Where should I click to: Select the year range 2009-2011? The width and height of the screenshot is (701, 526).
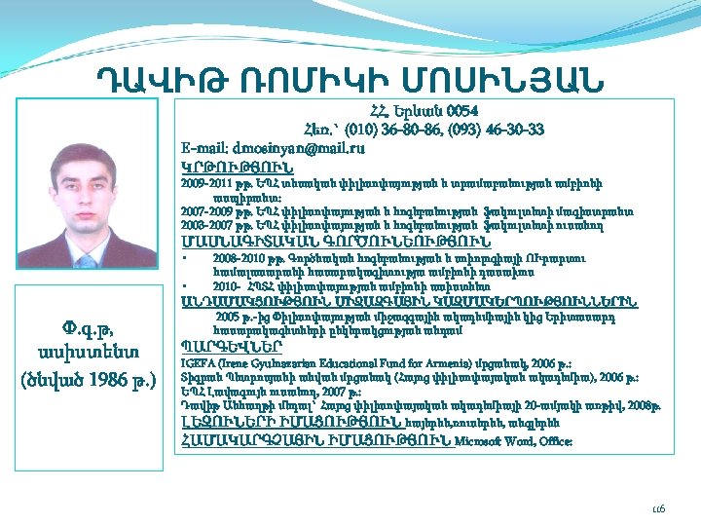[205, 182]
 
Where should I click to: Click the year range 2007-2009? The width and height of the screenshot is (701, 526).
[205, 210]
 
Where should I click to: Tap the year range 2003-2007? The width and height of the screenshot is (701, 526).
[205, 225]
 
